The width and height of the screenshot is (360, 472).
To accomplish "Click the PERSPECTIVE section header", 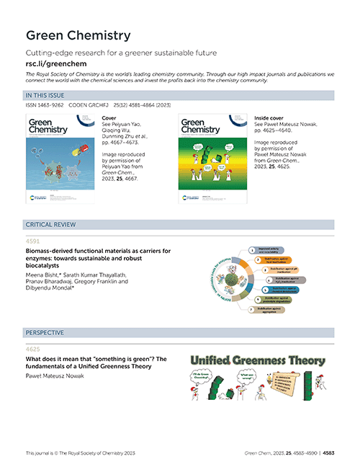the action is (x=45, y=333).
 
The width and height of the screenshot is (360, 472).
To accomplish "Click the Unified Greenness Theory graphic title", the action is (x=256, y=359).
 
